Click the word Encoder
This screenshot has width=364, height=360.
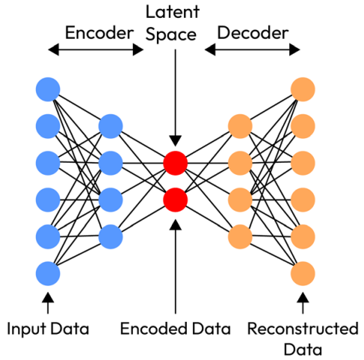pos(99,33)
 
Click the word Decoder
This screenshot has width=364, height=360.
pos(253,33)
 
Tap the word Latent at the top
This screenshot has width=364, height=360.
pos(173,12)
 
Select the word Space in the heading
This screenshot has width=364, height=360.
pos(171,34)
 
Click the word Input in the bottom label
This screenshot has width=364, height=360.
pos(28,329)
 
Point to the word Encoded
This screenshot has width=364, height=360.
pos(154,329)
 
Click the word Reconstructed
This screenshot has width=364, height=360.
pos(303,329)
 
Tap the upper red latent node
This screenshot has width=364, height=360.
pos(175,163)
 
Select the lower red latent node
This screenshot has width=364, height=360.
pos(175,200)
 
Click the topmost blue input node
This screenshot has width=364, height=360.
pos(48,90)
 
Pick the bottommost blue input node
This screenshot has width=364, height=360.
pos(48,273)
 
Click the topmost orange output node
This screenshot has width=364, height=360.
pos(303,90)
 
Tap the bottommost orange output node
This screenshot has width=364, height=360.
pos(303,273)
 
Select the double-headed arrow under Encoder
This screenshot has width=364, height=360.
pos(96,49)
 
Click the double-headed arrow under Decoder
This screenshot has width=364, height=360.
pos(252,49)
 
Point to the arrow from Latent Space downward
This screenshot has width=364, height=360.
pos(175,98)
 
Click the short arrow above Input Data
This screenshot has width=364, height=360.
pos(48,303)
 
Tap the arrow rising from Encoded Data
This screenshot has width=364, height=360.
pos(175,267)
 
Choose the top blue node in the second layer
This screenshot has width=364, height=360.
pos(111,126)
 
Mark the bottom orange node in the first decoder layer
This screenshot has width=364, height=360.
pos(240,237)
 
